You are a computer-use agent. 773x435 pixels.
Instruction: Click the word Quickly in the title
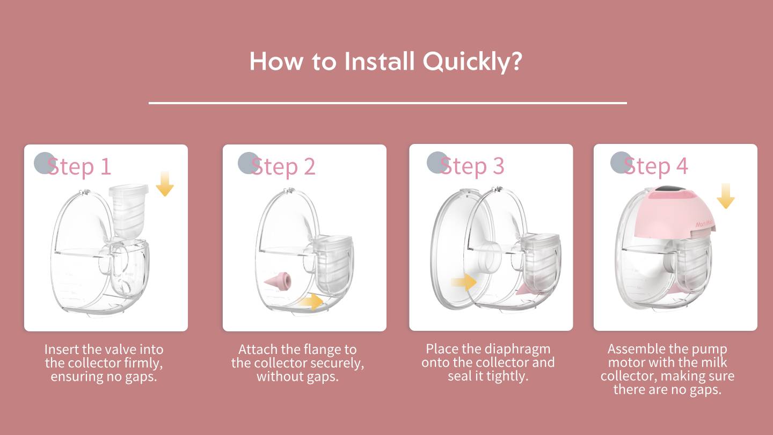[x=472, y=62]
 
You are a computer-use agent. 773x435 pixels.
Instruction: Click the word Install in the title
[x=380, y=61]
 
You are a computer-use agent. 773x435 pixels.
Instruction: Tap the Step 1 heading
[x=79, y=166]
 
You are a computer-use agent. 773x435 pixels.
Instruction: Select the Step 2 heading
[x=283, y=166]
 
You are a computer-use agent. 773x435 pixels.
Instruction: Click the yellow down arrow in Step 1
[x=165, y=184]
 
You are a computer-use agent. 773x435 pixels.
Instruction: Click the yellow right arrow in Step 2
[x=311, y=302]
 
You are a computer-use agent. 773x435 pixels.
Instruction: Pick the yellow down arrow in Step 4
[x=725, y=196]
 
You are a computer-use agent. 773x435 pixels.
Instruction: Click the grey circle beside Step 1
[x=44, y=163]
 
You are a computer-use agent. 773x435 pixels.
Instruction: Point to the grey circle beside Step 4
[x=621, y=163]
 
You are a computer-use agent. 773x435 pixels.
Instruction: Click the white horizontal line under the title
[x=388, y=103]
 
